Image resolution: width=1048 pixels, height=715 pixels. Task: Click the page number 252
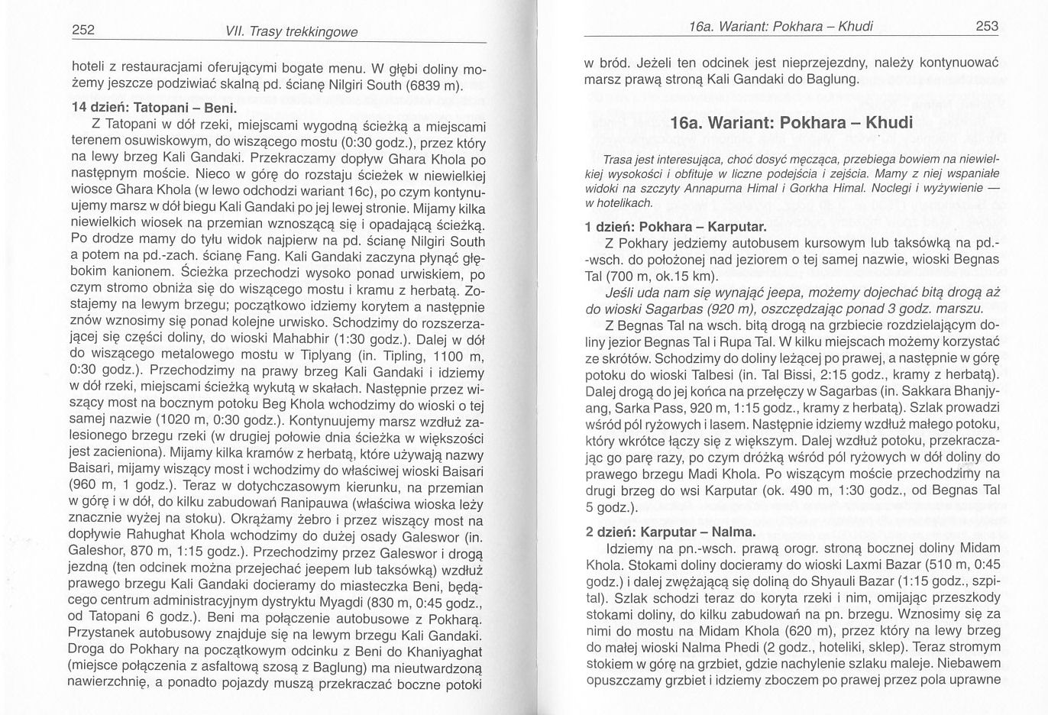pos(82,31)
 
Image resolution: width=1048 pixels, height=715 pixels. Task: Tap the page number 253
pos(987,27)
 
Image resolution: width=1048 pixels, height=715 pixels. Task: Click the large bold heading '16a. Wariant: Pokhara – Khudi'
pos(791,123)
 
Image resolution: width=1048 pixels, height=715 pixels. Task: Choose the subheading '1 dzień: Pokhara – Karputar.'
pos(675,227)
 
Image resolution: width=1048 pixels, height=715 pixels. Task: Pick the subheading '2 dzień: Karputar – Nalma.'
pos(670,532)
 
